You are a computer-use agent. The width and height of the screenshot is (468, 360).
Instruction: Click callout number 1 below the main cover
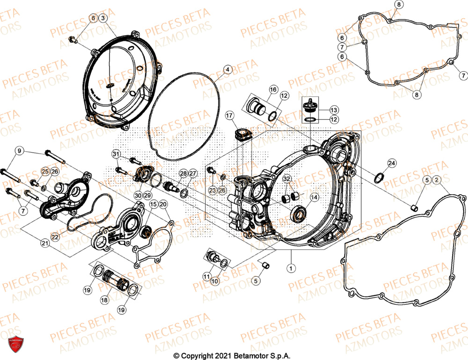tap(291, 268)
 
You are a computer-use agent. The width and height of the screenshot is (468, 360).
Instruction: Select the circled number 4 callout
tap(227, 70)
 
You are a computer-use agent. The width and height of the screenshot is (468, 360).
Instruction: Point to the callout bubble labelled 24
tap(391, 163)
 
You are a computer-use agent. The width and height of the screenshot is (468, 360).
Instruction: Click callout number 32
tap(287, 179)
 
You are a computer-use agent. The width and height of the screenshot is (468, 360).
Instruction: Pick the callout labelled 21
tap(45, 243)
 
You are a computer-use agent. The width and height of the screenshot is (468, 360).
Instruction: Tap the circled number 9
tap(19, 151)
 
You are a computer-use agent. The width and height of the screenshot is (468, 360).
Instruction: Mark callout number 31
tap(116, 154)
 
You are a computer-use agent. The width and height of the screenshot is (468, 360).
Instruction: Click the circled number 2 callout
tap(436, 180)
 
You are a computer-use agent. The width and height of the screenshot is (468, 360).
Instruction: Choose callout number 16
tap(273, 89)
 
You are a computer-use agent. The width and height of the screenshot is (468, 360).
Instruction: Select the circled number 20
tap(162, 204)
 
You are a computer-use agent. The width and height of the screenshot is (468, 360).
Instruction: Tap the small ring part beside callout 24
tap(379, 178)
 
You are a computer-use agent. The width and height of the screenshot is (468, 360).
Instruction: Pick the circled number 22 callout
tap(55, 237)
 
